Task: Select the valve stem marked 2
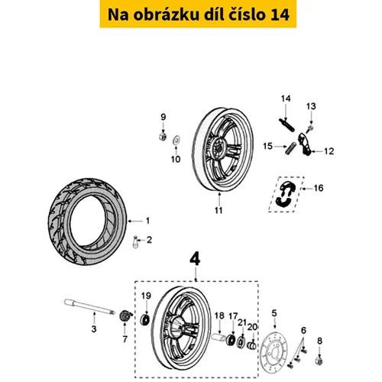click(x=135, y=242)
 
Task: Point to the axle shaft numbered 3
click(x=89, y=307)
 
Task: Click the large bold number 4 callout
click(x=196, y=260)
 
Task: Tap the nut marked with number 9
click(x=162, y=136)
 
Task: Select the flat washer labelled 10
click(x=176, y=140)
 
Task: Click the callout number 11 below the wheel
click(x=219, y=210)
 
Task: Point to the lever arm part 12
click(x=305, y=144)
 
